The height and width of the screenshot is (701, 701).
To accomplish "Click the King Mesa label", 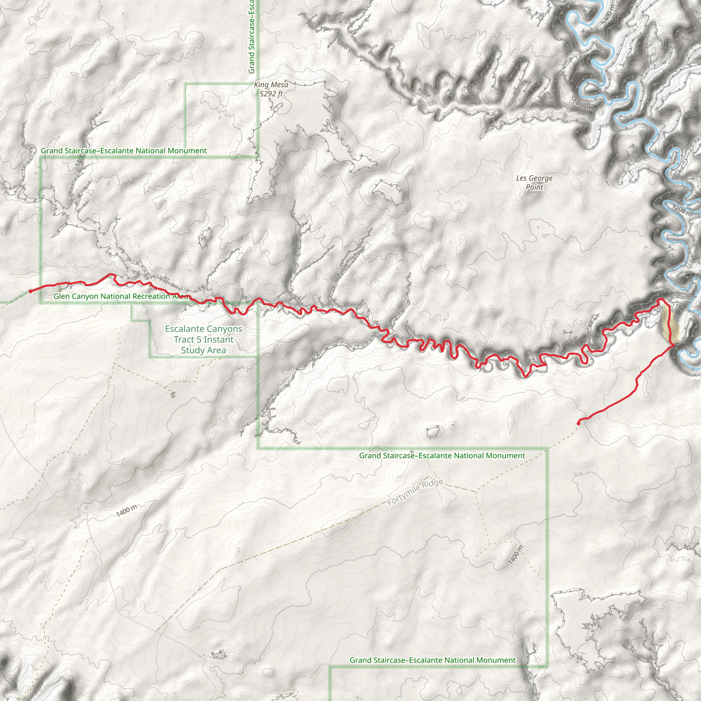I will point(271,85).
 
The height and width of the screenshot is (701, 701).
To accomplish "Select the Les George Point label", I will point(534,182).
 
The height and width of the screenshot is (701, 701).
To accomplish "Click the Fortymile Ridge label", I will point(415,492).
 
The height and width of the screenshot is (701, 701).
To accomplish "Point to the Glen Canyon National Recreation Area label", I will point(121,296).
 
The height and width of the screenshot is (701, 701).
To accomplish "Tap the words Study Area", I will point(203,350).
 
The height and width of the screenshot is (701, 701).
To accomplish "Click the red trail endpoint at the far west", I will point(30,291).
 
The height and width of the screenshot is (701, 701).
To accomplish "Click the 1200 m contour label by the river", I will point(681,210).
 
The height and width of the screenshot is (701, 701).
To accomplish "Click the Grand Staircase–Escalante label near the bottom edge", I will point(432,660).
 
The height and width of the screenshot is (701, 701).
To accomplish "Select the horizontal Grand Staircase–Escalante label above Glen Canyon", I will point(124,151).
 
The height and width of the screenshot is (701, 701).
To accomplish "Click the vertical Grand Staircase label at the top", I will point(252,36).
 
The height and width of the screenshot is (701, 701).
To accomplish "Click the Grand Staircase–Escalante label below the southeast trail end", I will point(442,455).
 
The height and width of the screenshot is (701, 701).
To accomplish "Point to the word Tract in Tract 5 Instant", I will point(185,340).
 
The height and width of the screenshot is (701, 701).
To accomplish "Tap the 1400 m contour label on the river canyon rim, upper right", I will point(582,105).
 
